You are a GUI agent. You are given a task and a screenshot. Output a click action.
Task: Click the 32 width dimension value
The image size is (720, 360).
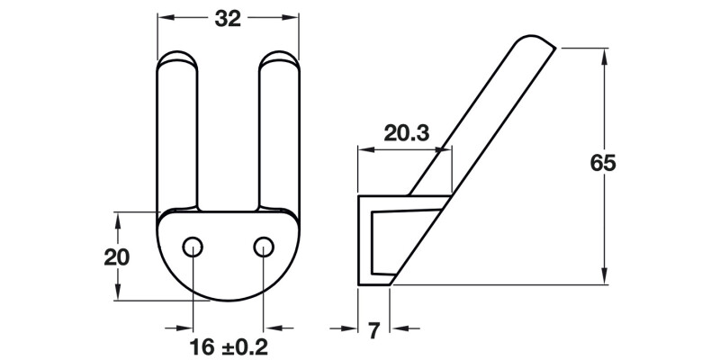229,19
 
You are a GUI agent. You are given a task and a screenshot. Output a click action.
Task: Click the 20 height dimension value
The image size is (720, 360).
117,256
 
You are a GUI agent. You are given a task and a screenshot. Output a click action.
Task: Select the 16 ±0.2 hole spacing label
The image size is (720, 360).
229,345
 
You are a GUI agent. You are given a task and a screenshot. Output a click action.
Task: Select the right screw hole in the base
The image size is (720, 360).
263,246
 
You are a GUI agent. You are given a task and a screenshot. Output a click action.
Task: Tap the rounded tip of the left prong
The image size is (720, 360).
178,61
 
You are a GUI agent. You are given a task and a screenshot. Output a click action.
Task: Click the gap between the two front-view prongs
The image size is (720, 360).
229,135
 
